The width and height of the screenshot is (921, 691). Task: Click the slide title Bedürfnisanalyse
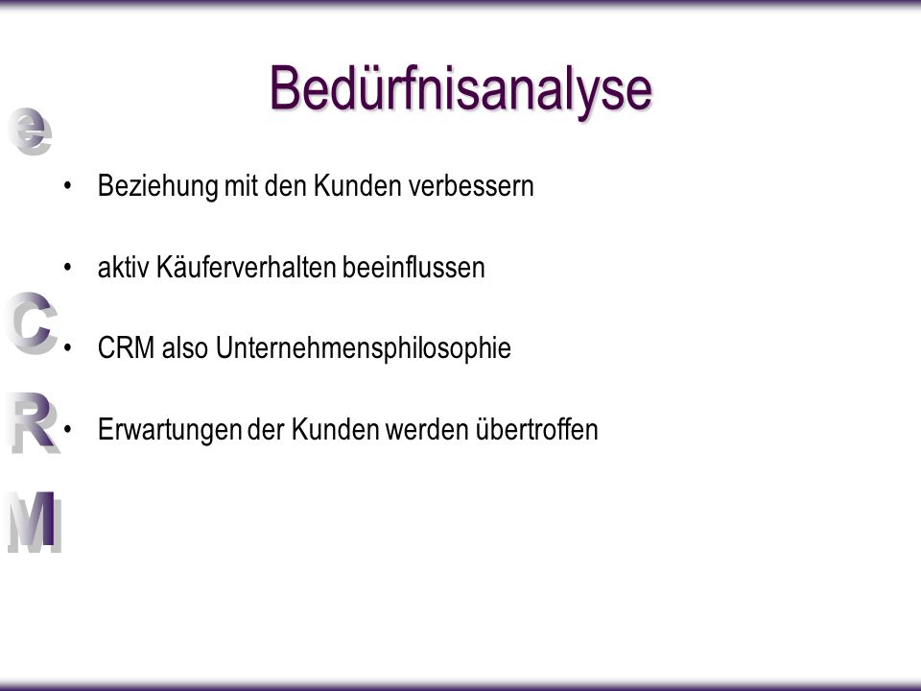[461, 89]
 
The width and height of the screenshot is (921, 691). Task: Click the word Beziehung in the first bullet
[158, 187]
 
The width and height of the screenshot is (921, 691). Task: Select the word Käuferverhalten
[247, 268]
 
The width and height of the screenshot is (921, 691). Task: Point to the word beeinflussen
[413, 268]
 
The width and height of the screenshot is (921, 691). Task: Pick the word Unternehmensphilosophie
[363, 348]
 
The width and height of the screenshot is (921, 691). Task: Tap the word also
[185, 347]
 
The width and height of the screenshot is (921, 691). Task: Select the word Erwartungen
[170, 430]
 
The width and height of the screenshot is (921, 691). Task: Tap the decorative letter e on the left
[30, 131]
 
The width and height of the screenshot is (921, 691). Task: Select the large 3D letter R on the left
[35, 422]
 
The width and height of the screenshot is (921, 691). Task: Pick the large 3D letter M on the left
[35, 522]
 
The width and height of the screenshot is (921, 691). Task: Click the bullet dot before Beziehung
[67, 186]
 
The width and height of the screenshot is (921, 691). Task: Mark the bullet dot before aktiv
[67, 268]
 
